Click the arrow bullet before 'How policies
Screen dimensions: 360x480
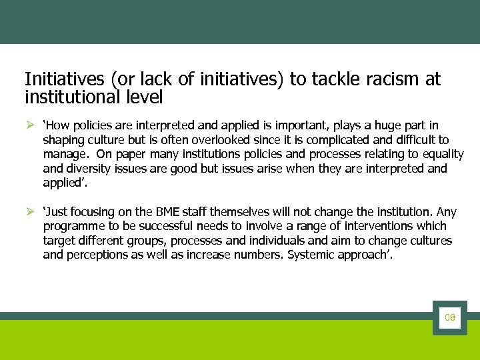click(29, 125)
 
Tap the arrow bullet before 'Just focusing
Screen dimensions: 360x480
click(29, 212)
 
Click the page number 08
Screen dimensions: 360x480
click(450, 318)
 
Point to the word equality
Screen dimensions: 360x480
click(441, 155)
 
